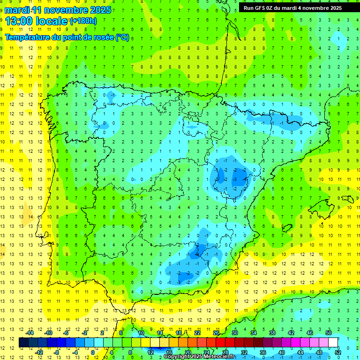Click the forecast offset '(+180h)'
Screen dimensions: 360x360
click(x=83, y=21)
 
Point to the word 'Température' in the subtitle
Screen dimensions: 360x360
click(x=27, y=37)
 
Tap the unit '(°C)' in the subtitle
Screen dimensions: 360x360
click(x=122, y=37)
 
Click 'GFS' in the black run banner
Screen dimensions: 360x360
click(x=262, y=8)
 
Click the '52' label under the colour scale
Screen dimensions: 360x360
click(x=338, y=352)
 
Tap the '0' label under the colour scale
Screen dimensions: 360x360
click(x=92, y=352)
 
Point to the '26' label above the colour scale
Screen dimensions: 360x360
click(x=216, y=333)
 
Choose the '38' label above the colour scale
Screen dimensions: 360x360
click(x=272, y=333)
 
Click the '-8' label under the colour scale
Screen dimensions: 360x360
click(x=56, y=352)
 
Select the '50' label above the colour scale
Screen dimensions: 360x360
click(x=329, y=333)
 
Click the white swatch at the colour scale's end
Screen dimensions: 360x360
click(x=333, y=342)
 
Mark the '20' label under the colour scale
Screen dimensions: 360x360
click(x=187, y=352)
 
